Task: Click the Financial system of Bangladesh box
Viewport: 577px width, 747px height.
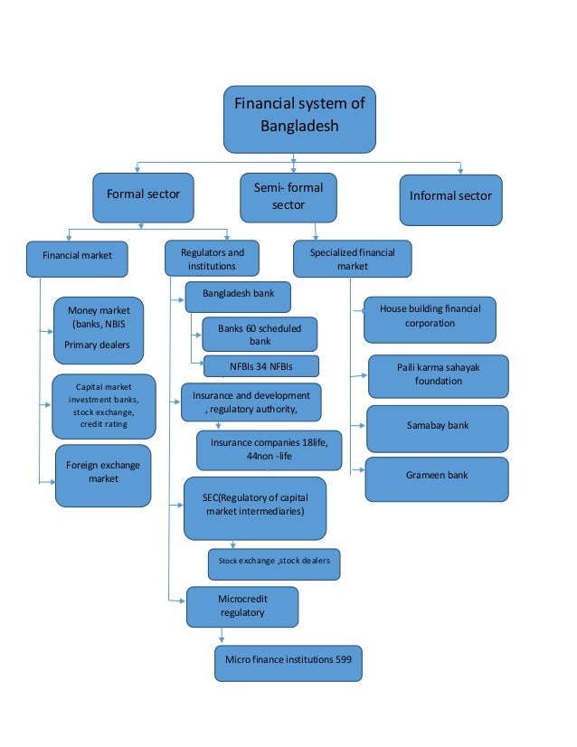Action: (x=299, y=118)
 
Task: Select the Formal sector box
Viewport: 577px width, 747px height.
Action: (x=143, y=196)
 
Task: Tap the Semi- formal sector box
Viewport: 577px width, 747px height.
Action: (x=288, y=197)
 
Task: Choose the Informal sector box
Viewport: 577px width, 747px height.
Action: (x=450, y=198)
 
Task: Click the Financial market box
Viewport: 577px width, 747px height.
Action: (x=77, y=257)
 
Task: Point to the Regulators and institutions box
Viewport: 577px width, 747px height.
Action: (x=212, y=259)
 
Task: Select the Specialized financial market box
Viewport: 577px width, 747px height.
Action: (x=352, y=259)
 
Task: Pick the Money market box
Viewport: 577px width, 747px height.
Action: (x=99, y=328)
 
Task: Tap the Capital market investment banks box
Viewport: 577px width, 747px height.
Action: (x=103, y=406)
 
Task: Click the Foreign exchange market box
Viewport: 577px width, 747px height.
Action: (x=102, y=474)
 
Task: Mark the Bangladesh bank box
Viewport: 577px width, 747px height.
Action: (x=238, y=297)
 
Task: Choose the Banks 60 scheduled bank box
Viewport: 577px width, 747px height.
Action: (x=260, y=335)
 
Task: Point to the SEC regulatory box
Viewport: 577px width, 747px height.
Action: (x=255, y=507)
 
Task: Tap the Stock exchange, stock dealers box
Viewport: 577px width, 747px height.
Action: (x=274, y=563)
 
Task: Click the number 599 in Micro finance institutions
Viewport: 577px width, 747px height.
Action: (x=349, y=663)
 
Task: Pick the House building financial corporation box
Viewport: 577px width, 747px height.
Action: (x=430, y=318)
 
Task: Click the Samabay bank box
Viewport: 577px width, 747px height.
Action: (x=437, y=428)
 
